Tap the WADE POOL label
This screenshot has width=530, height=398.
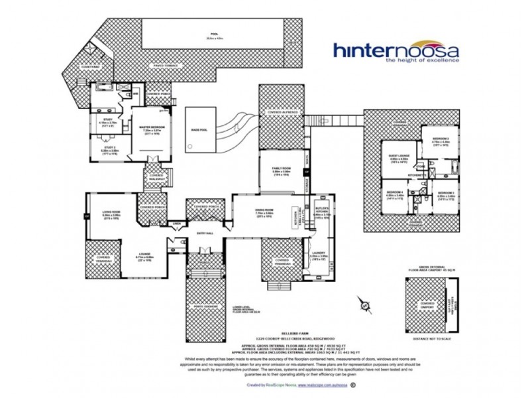(199, 130)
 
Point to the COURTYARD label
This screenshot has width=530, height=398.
(90, 67)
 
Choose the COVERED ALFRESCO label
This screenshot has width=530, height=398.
(281, 113)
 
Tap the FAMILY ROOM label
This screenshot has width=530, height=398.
(281, 170)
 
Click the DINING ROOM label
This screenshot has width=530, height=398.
(264, 211)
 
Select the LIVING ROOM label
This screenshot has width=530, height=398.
(111, 213)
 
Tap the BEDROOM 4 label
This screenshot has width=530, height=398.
(396, 194)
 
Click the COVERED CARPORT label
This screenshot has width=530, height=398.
(427, 306)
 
